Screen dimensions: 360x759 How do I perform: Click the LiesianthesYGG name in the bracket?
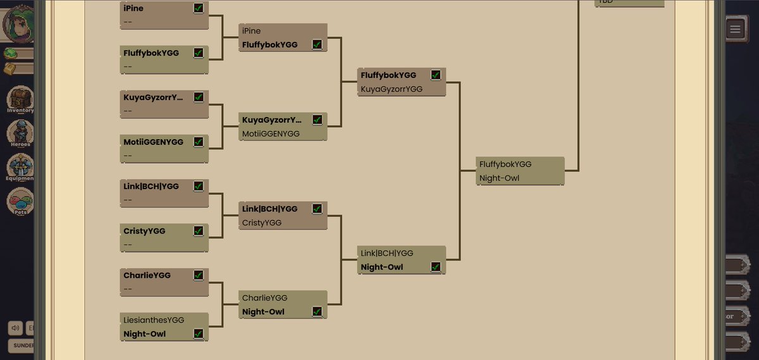(154, 320)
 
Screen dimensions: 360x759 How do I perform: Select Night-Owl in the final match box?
(499, 178)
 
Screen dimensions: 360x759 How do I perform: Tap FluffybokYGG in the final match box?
(505, 164)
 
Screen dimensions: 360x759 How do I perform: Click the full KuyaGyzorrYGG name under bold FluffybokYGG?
(391, 89)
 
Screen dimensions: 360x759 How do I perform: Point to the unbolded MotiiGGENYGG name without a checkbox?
(271, 134)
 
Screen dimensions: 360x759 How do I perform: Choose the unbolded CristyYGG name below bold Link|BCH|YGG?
(261, 223)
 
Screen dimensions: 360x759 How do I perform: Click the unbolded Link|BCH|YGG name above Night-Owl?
(386, 253)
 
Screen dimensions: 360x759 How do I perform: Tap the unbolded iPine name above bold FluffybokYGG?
(251, 31)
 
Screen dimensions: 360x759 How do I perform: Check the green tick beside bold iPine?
(199, 9)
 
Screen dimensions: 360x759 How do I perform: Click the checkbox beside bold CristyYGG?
(199, 231)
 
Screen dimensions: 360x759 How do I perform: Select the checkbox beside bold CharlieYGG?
(199, 275)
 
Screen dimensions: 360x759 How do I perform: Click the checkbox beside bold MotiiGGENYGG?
(199, 142)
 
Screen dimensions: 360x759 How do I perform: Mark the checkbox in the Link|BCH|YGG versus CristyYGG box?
(317, 209)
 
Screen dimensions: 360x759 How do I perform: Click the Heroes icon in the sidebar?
(20, 133)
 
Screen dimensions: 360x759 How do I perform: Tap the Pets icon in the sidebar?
(20, 202)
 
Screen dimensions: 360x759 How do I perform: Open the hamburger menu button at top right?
(734, 29)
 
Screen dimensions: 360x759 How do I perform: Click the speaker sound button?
(15, 328)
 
